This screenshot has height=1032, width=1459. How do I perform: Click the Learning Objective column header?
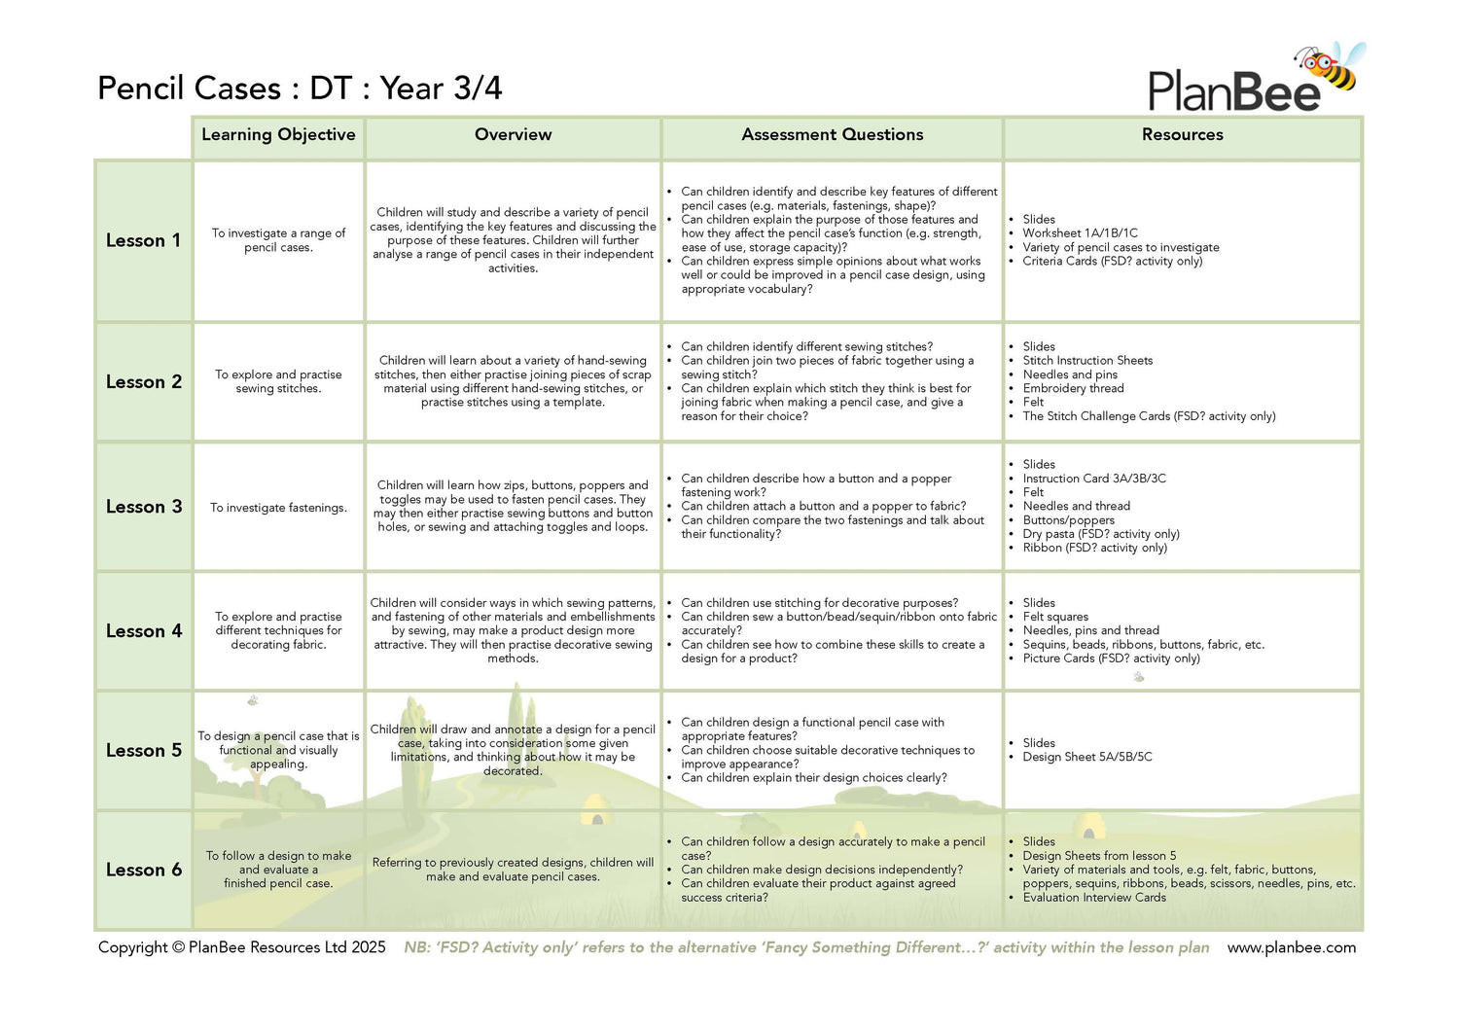(x=278, y=135)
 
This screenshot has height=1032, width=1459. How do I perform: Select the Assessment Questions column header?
(x=832, y=135)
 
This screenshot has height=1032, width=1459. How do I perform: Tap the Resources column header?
(x=1182, y=135)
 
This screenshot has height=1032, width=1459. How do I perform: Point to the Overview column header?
(x=513, y=135)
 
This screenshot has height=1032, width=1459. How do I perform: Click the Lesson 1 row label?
(x=143, y=240)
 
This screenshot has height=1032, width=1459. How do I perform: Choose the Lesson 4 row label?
(x=143, y=631)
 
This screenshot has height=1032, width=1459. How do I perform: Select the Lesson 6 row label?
(x=143, y=871)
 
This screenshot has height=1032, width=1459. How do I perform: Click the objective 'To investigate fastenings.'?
(x=278, y=508)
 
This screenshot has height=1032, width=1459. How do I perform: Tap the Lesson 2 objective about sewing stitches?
(x=278, y=381)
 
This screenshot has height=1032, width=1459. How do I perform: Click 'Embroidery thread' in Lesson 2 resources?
(x=1073, y=388)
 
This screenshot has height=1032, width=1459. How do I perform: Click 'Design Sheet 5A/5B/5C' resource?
(x=1086, y=757)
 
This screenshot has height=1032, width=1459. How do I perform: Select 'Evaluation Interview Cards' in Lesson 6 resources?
(x=1093, y=898)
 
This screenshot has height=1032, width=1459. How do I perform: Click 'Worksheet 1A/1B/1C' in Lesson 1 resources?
(x=1080, y=233)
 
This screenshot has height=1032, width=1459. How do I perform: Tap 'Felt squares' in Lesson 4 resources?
(x=1055, y=617)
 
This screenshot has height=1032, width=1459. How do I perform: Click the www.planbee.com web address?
(x=1291, y=947)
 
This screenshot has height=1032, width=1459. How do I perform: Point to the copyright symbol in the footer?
(x=178, y=947)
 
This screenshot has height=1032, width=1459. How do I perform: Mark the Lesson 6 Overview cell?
(x=513, y=870)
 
